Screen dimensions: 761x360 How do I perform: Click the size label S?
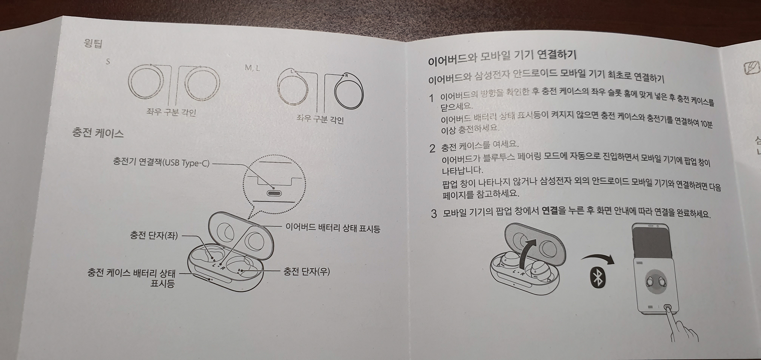pos(108,62)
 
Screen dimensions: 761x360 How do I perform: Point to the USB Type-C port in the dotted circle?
pos(274,193)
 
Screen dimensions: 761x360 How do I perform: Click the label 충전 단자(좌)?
pos(154,235)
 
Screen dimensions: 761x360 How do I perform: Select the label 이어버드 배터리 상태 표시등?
pos(333,228)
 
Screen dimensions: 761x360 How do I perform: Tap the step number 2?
pos(432,148)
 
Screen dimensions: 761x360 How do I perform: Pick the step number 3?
pos(434,213)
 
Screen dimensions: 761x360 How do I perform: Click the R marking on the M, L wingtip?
pos(347,76)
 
